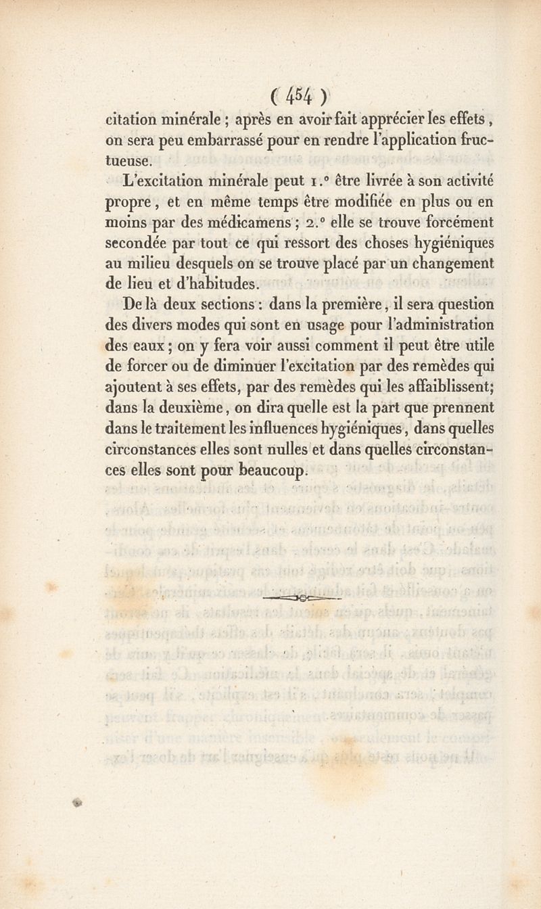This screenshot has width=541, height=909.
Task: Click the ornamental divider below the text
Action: pos(302,598)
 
